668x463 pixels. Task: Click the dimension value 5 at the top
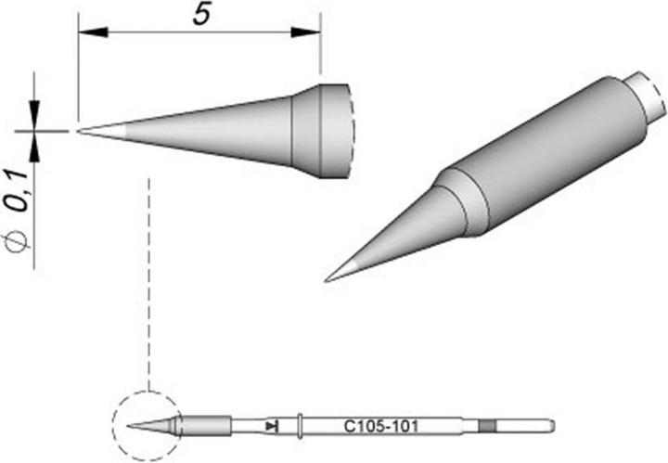point(199,16)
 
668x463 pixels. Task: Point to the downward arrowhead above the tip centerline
point(37,118)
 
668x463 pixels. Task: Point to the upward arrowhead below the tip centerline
point(37,145)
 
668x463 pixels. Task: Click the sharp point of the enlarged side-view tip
point(81,131)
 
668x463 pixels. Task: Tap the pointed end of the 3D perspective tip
point(328,278)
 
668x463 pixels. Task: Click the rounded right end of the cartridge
point(551,427)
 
